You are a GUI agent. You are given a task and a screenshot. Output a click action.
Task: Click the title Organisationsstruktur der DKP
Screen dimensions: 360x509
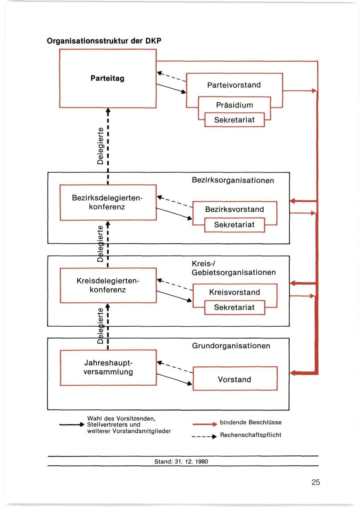(x=104, y=41)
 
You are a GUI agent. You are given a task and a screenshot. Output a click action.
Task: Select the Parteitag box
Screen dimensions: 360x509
(x=107, y=78)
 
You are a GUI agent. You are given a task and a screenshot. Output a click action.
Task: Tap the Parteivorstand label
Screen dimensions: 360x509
(x=234, y=85)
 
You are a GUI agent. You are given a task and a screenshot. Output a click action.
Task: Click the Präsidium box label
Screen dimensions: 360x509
(x=235, y=105)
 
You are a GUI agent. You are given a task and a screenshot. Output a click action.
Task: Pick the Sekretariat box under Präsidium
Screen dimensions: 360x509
(x=235, y=120)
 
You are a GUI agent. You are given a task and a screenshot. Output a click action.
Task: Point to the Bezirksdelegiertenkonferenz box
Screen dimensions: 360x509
(x=108, y=202)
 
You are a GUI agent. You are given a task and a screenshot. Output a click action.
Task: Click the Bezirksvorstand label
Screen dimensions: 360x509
(x=235, y=209)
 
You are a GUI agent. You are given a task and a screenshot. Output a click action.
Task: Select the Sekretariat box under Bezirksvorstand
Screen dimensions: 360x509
(x=235, y=225)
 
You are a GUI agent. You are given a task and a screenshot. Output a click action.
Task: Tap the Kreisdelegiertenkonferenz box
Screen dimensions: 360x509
(x=108, y=285)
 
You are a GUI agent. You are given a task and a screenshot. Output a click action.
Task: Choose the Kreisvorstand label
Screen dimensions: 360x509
(x=235, y=292)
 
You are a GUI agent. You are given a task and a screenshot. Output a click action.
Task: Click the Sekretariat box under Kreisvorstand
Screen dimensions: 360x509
(x=235, y=307)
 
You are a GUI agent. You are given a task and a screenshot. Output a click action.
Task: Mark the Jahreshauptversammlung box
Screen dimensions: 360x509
(x=108, y=368)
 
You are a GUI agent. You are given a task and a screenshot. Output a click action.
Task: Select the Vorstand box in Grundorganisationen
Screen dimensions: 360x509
(x=235, y=379)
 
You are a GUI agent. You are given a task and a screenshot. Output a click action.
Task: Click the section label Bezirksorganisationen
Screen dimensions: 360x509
(x=233, y=180)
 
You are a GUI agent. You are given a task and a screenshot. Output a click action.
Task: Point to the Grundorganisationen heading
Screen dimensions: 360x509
(x=231, y=346)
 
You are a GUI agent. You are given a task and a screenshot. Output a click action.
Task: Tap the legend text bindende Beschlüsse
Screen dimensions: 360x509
(x=251, y=422)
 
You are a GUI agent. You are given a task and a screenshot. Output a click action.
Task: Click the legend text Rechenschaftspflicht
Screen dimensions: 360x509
(x=251, y=435)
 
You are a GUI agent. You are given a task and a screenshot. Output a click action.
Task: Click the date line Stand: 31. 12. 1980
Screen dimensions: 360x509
(x=181, y=462)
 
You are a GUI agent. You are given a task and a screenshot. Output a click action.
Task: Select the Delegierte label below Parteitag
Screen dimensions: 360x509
(x=100, y=146)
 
